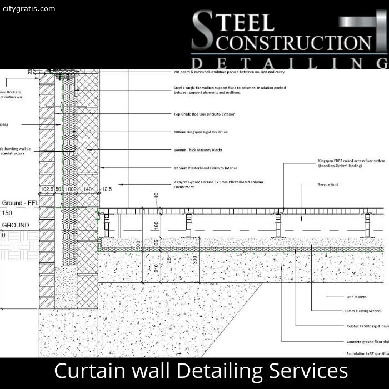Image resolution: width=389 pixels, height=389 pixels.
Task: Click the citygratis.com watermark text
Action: point(28,9)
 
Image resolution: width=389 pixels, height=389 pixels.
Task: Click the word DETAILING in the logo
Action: point(289,62)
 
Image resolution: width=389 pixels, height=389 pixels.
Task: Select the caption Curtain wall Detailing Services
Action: point(201,371)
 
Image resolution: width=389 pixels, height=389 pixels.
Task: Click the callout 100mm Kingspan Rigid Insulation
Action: point(201,132)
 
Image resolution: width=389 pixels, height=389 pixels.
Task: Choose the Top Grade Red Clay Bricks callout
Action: point(204,114)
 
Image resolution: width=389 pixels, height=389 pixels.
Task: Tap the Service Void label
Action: point(328,184)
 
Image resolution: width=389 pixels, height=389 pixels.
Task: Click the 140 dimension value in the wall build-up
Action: point(88,189)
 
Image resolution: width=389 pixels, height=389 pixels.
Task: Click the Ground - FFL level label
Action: point(20,203)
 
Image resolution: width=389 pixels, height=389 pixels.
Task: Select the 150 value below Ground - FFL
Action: point(7,213)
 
